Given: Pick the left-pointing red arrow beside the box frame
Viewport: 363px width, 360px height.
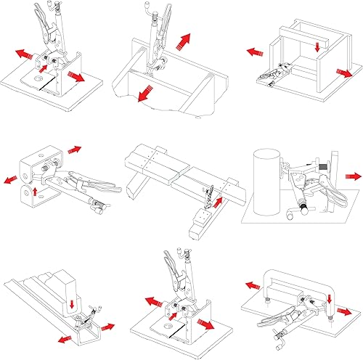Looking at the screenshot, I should pos(255,52).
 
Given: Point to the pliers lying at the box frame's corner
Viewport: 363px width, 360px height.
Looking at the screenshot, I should pos(272,76).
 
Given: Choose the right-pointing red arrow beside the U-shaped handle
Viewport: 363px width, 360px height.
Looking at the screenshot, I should pos(349,313).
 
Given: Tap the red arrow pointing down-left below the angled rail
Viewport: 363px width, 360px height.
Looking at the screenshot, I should pos(63,340).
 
